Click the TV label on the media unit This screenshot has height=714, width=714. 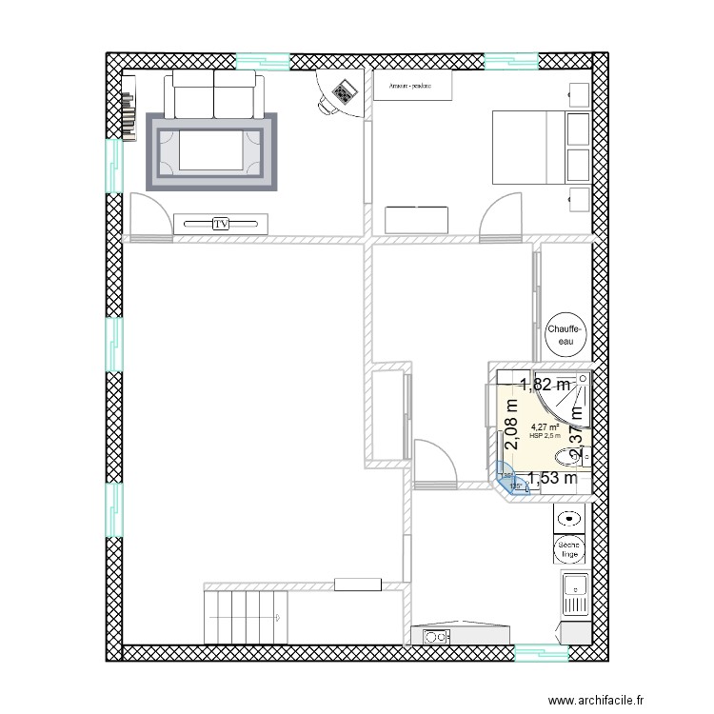221,224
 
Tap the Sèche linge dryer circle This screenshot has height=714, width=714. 568,549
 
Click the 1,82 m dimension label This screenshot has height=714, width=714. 545,385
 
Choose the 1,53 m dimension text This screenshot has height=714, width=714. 552,479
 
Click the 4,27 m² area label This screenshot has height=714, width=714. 545,427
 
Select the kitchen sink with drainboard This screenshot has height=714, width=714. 574,596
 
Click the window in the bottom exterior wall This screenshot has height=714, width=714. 541,653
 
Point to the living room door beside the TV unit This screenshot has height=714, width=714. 150,214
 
